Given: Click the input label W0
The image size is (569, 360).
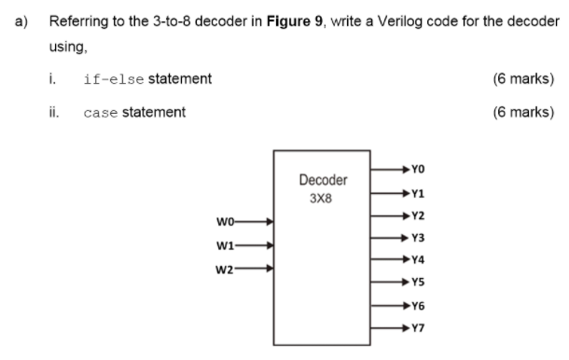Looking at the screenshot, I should click(x=227, y=222).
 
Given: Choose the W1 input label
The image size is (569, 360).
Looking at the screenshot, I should click(x=227, y=247).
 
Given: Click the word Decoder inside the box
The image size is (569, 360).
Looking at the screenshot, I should click(x=324, y=179).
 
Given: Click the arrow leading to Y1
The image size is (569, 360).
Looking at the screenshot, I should click(x=387, y=194).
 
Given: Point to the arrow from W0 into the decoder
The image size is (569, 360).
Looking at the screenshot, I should click(x=257, y=222).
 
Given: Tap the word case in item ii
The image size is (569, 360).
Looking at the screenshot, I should click(x=100, y=113).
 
